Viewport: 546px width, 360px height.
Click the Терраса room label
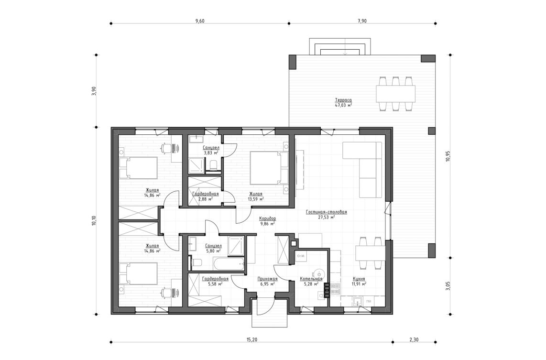point(343,100)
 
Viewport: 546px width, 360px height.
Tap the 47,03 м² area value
point(343,105)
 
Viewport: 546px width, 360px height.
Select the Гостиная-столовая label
point(326,211)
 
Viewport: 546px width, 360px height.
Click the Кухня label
point(359,278)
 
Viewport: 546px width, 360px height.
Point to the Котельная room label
point(311,278)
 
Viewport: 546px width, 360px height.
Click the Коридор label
point(267,218)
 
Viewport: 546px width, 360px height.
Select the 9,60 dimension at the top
point(200,21)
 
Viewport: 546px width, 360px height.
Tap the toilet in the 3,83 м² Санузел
point(213,165)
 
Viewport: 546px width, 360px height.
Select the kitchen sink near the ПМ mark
point(356,301)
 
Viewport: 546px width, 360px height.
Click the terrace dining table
point(395,93)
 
